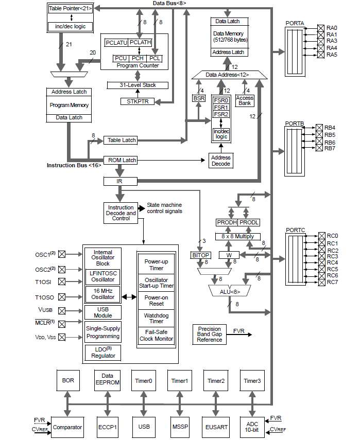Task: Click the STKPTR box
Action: click(x=137, y=101)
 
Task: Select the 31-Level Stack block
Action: click(x=138, y=85)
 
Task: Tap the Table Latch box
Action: click(x=121, y=140)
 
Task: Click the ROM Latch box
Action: click(x=121, y=160)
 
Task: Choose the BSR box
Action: click(x=199, y=98)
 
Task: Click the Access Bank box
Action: click(x=245, y=100)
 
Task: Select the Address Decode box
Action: click(x=221, y=160)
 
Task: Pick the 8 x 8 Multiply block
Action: click(x=237, y=236)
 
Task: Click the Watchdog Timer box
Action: click(x=157, y=318)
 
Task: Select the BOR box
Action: click(x=68, y=381)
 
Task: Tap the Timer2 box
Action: click(x=216, y=381)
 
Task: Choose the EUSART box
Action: click(x=216, y=427)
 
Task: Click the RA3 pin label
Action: click(x=332, y=41)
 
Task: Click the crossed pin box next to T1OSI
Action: click(x=62, y=281)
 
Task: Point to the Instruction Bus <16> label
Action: click(x=74, y=165)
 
